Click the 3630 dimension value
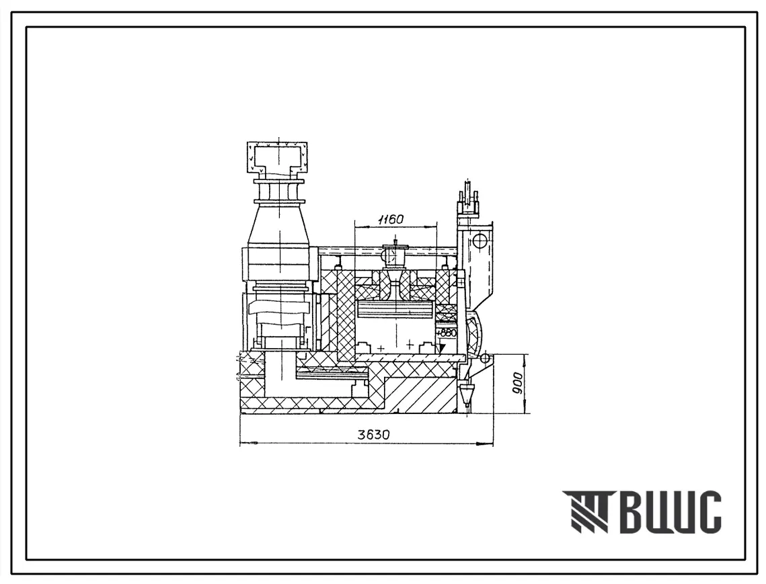point(373,435)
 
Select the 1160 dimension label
point(390,219)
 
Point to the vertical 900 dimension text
point(519,383)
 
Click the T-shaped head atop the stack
point(278,159)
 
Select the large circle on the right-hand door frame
point(480,241)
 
